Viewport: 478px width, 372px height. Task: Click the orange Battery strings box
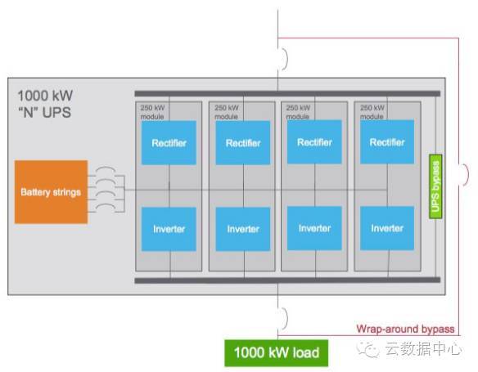click(52, 192)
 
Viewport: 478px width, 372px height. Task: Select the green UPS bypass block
click(435, 186)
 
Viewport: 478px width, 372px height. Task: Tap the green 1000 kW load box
click(277, 353)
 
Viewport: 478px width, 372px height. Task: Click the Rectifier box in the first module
click(169, 143)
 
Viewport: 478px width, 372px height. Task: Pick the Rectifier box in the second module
click(243, 143)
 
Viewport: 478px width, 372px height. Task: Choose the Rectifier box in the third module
click(314, 142)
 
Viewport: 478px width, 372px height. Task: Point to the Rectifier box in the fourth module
click(387, 142)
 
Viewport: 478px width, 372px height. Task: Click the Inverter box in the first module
click(169, 229)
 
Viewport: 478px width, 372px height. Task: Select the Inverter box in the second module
click(243, 229)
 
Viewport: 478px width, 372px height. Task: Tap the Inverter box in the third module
click(314, 228)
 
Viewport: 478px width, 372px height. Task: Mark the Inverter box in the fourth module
click(387, 228)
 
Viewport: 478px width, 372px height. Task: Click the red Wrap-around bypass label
click(405, 329)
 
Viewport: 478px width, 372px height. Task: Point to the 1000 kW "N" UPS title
click(45, 104)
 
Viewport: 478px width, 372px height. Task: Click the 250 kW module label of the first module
click(152, 112)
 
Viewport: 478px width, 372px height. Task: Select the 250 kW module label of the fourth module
click(372, 112)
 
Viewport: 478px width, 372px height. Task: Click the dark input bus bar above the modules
click(287, 94)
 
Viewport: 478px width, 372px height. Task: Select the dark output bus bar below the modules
click(287, 280)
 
